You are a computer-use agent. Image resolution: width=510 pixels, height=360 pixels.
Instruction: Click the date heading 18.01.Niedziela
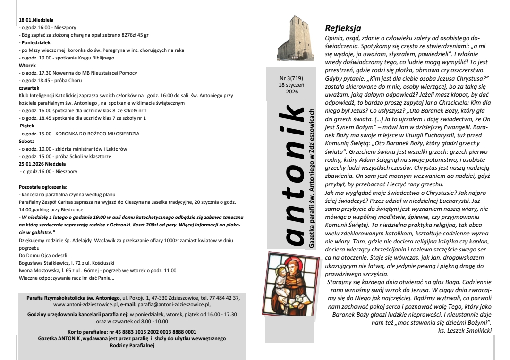[36, 21]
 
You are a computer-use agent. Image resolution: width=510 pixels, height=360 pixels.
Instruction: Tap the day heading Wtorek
[27, 66]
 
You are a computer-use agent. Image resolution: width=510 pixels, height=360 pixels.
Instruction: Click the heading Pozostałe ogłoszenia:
[43, 187]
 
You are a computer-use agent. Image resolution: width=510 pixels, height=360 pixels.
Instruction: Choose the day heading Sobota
[26, 141]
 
